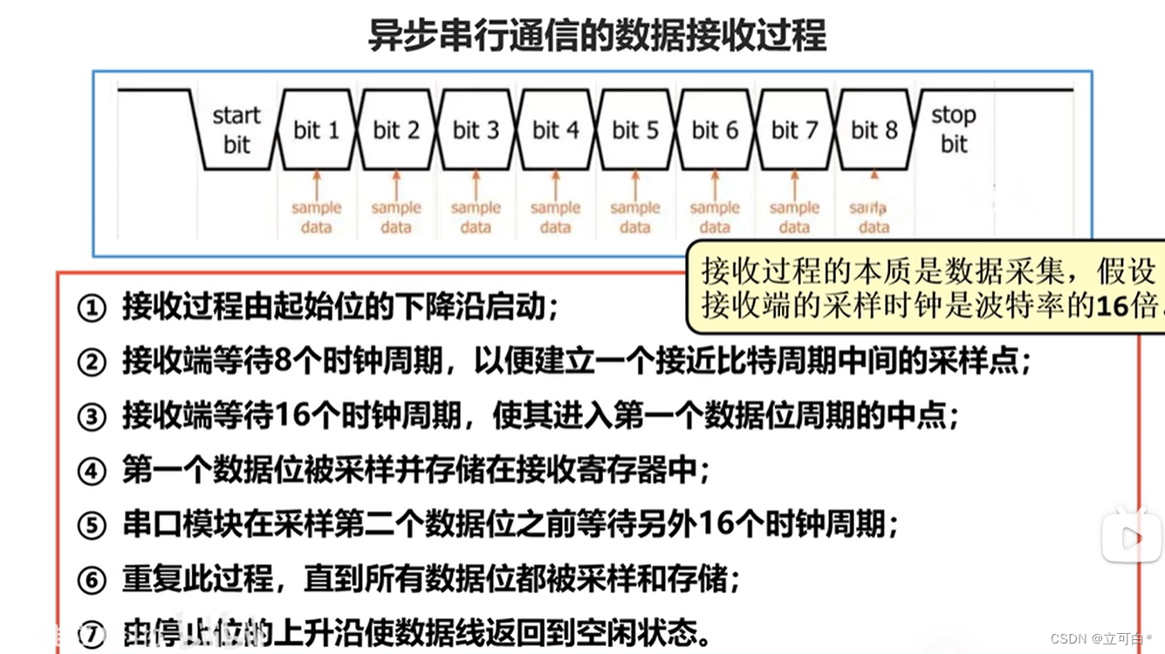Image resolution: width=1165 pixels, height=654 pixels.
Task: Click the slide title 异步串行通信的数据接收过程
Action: [x=597, y=37]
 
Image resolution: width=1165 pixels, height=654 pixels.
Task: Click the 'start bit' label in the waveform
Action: [x=236, y=130]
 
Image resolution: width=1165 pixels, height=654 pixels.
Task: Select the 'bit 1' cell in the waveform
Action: [x=316, y=131]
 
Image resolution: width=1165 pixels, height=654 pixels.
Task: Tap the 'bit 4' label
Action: [x=555, y=131]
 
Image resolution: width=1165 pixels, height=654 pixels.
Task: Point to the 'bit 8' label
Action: [x=874, y=131]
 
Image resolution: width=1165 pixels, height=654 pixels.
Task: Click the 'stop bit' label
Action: [x=953, y=129]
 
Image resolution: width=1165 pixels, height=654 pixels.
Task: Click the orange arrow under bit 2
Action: [x=396, y=184]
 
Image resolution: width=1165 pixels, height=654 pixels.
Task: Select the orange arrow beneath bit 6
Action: [x=715, y=184]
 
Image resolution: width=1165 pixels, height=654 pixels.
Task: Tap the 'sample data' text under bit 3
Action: [x=476, y=217]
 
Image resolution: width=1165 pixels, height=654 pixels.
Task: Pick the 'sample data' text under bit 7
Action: [x=794, y=217]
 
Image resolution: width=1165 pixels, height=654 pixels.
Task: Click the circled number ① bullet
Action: [x=92, y=308]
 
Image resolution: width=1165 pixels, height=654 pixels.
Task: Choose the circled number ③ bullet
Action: [x=92, y=417]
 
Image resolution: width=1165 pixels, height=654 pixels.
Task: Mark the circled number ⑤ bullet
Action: [x=92, y=526]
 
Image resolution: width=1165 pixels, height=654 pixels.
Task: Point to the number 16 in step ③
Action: [x=293, y=416]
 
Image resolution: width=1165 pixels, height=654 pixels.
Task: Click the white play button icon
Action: [x=1132, y=537]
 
